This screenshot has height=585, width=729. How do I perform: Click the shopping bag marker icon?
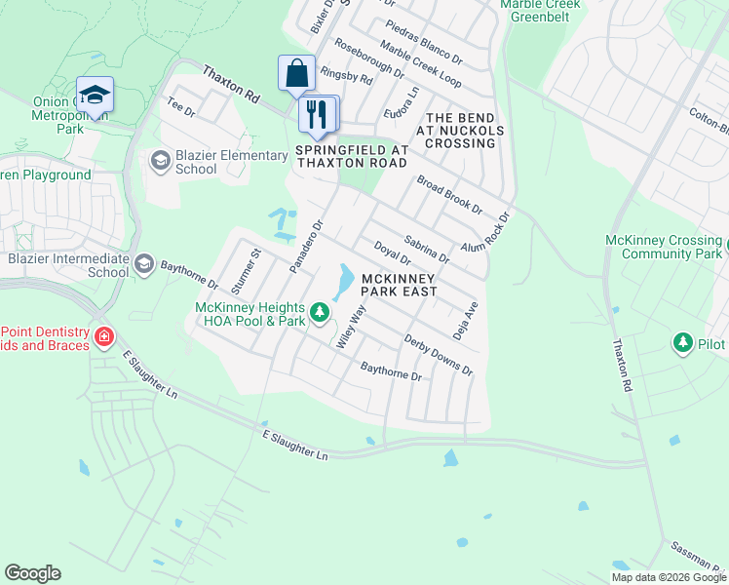(x=296, y=73)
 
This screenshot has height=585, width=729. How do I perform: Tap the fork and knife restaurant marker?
(x=317, y=114)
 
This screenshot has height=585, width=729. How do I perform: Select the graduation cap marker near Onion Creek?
(x=95, y=95)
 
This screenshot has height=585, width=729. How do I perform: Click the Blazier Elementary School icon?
(x=160, y=160)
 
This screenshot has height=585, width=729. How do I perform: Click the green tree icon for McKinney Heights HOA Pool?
(x=320, y=314)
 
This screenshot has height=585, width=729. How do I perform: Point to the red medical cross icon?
(x=103, y=337)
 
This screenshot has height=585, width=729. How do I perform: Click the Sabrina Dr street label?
(x=426, y=249)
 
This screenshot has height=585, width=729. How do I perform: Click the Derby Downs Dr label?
(x=439, y=357)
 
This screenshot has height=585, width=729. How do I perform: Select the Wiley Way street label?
(x=349, y=327)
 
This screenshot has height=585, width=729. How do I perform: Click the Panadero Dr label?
(x=305, y=246)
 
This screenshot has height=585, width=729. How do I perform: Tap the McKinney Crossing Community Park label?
(x=663, y=247)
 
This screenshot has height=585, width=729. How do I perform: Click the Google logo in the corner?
(x=32, y=573)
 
